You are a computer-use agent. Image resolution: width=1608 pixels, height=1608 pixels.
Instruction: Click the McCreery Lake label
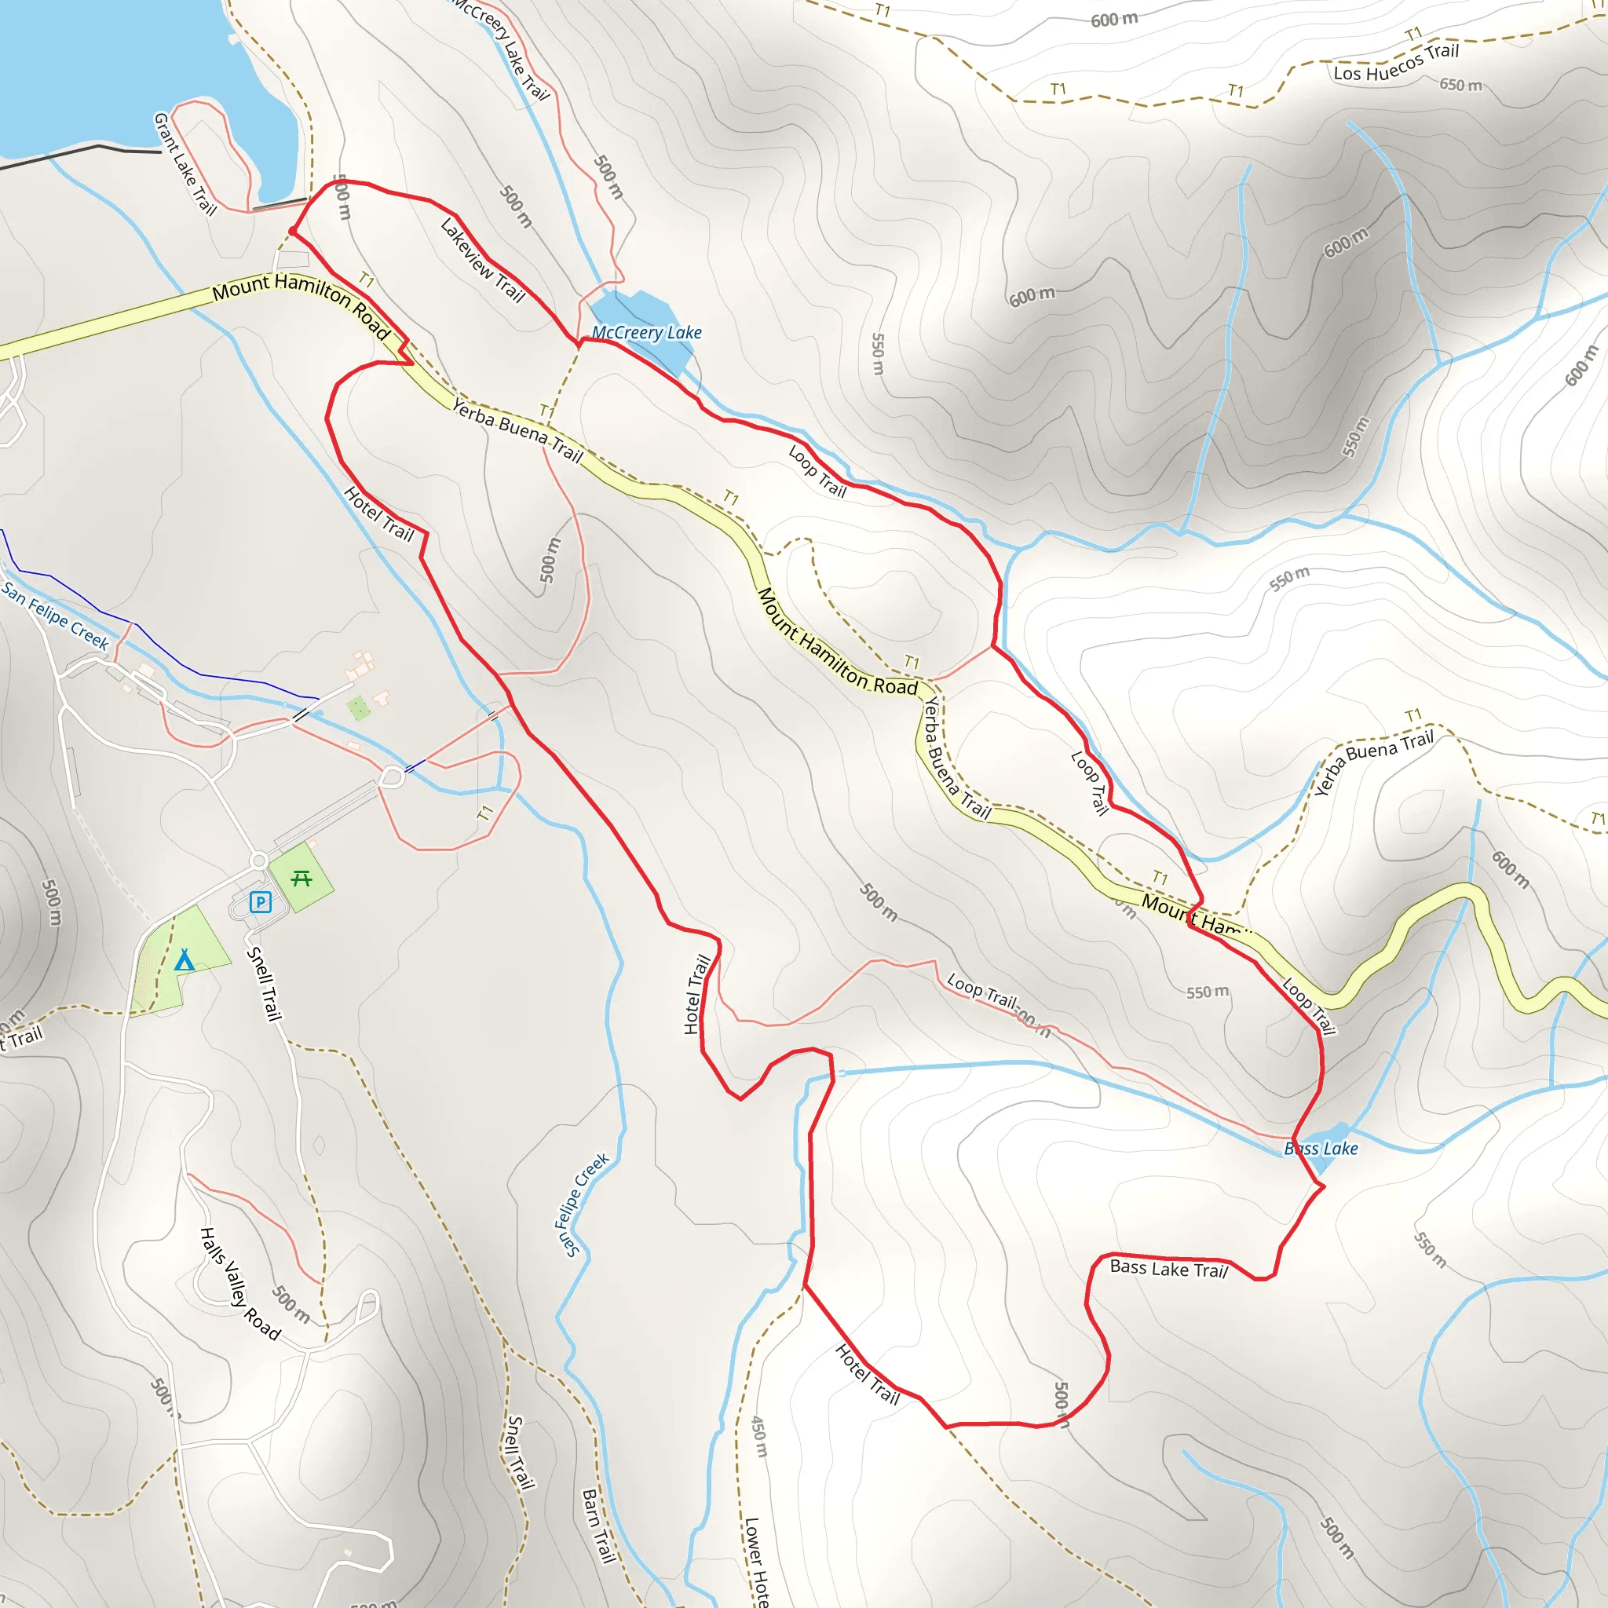(x=647, y=333)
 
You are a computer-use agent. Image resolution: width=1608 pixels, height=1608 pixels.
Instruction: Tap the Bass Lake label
(x=1321, y=1149)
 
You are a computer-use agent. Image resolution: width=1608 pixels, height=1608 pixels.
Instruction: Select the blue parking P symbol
(x=261, y=902)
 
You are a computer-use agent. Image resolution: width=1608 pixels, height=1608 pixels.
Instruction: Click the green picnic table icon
(x=301, y=879)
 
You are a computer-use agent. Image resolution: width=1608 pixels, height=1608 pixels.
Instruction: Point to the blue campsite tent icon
(x=184, y=961)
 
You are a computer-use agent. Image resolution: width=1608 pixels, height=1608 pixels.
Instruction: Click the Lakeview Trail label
(x=483, y=260)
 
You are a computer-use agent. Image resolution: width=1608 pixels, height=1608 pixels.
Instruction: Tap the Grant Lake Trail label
(x=185, y=164)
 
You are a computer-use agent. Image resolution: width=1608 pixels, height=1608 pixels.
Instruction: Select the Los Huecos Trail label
(x=1396, y=63)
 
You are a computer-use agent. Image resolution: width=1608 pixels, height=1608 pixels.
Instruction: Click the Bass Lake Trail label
(x=1168, y=1269)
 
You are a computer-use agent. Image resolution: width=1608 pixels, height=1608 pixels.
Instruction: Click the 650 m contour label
(x=1460, y=85)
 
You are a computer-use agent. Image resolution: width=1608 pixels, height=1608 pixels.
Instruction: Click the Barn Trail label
(x=597, y=1526)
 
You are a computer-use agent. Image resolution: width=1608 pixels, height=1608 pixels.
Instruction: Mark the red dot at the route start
(x=292, y=232)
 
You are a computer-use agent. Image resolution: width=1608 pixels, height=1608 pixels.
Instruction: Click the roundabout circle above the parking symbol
(x=259, y=861)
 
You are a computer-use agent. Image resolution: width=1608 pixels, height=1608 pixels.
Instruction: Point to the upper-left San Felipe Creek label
(x=55, y=615)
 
